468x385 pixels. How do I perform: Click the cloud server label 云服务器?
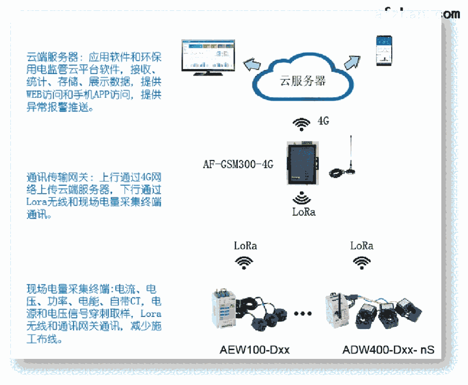[x=303, y=81]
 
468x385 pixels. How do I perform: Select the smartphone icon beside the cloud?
[x=385, y=51]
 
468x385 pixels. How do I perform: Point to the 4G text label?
[x=323, y=121]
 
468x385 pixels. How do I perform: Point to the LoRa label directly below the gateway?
[x=304, y=212]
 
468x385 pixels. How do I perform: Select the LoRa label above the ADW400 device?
[x=362, y=245]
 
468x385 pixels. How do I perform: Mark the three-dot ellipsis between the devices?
[x=303, y=314]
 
